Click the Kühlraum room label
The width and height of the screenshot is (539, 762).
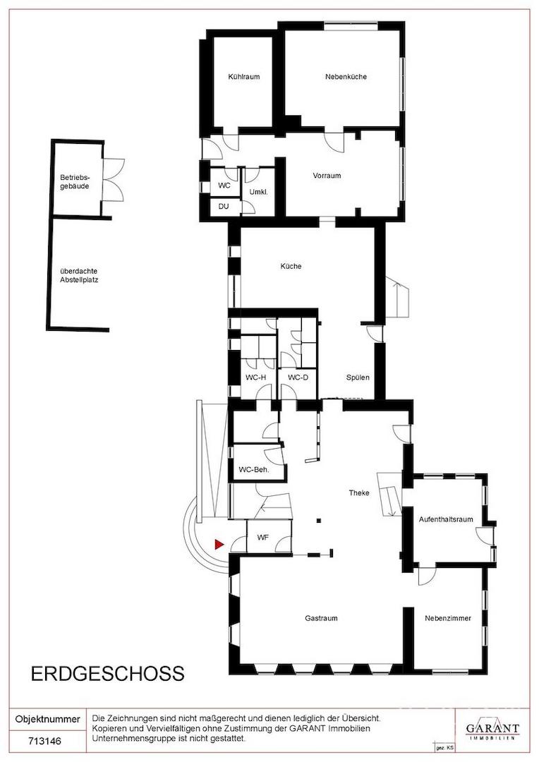point(244,77)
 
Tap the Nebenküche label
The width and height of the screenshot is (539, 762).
point(346,77)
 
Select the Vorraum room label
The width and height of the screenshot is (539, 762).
point(327,176)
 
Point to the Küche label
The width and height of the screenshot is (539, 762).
point(291,266)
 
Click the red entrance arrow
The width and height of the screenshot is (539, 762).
point(219,545)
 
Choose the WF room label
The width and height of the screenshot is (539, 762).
point(263,538)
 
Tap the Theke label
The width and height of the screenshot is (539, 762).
point(359,492)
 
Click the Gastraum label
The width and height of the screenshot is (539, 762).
point(321,619)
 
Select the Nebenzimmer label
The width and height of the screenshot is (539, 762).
point(447,619)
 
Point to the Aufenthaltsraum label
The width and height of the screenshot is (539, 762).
point(446,519)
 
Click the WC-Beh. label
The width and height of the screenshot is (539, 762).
point(254,470)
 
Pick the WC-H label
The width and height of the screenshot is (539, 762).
point(255,377)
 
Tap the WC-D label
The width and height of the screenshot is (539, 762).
point(298,377)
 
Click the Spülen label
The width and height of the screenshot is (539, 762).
point(358,377)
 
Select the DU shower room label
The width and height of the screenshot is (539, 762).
point(224,207)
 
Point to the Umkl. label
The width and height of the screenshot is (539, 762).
point(258,193)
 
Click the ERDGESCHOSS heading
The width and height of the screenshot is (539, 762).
point(108,674)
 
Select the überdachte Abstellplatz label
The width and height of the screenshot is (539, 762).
point(79,276)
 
